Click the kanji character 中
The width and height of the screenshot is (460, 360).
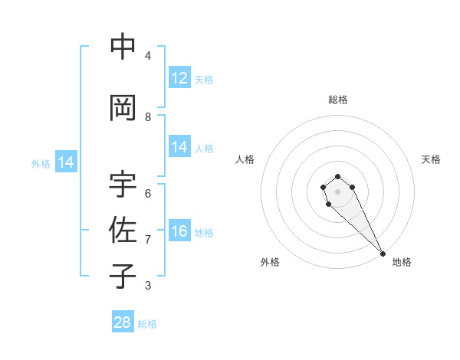click(x=123, y=47)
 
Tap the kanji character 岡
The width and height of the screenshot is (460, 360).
click(x=123, y=108)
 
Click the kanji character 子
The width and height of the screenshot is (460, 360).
click(x=123, y=276)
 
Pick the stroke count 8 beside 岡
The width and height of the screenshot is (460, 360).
click(x=148, y=117)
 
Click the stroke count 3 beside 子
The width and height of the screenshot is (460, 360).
click(x=148, y=286)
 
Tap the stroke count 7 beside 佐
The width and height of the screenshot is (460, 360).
click(x=148, y=240)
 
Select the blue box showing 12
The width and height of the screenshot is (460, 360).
click(x=179, y=78)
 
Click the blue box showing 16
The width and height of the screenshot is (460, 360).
click(x=179, y=231)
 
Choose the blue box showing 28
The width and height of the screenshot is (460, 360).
click(x=123, y=322)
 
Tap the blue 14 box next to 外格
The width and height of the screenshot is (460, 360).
click(x=66, y=162)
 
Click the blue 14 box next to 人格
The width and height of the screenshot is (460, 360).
click(x=179, y=147)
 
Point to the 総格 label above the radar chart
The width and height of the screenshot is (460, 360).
click(x=338, y=100)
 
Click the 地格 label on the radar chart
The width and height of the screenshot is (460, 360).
click(x=402, y=262)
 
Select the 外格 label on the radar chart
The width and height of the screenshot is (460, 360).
click(x=270, y=262)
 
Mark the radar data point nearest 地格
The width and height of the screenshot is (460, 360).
click(x=383, y=254)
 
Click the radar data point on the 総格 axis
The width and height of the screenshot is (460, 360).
click(x=337, y=177)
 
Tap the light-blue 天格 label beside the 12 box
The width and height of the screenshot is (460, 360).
click(x=204, y=79)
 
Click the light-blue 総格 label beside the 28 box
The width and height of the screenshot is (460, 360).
click(x=147, y=324)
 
